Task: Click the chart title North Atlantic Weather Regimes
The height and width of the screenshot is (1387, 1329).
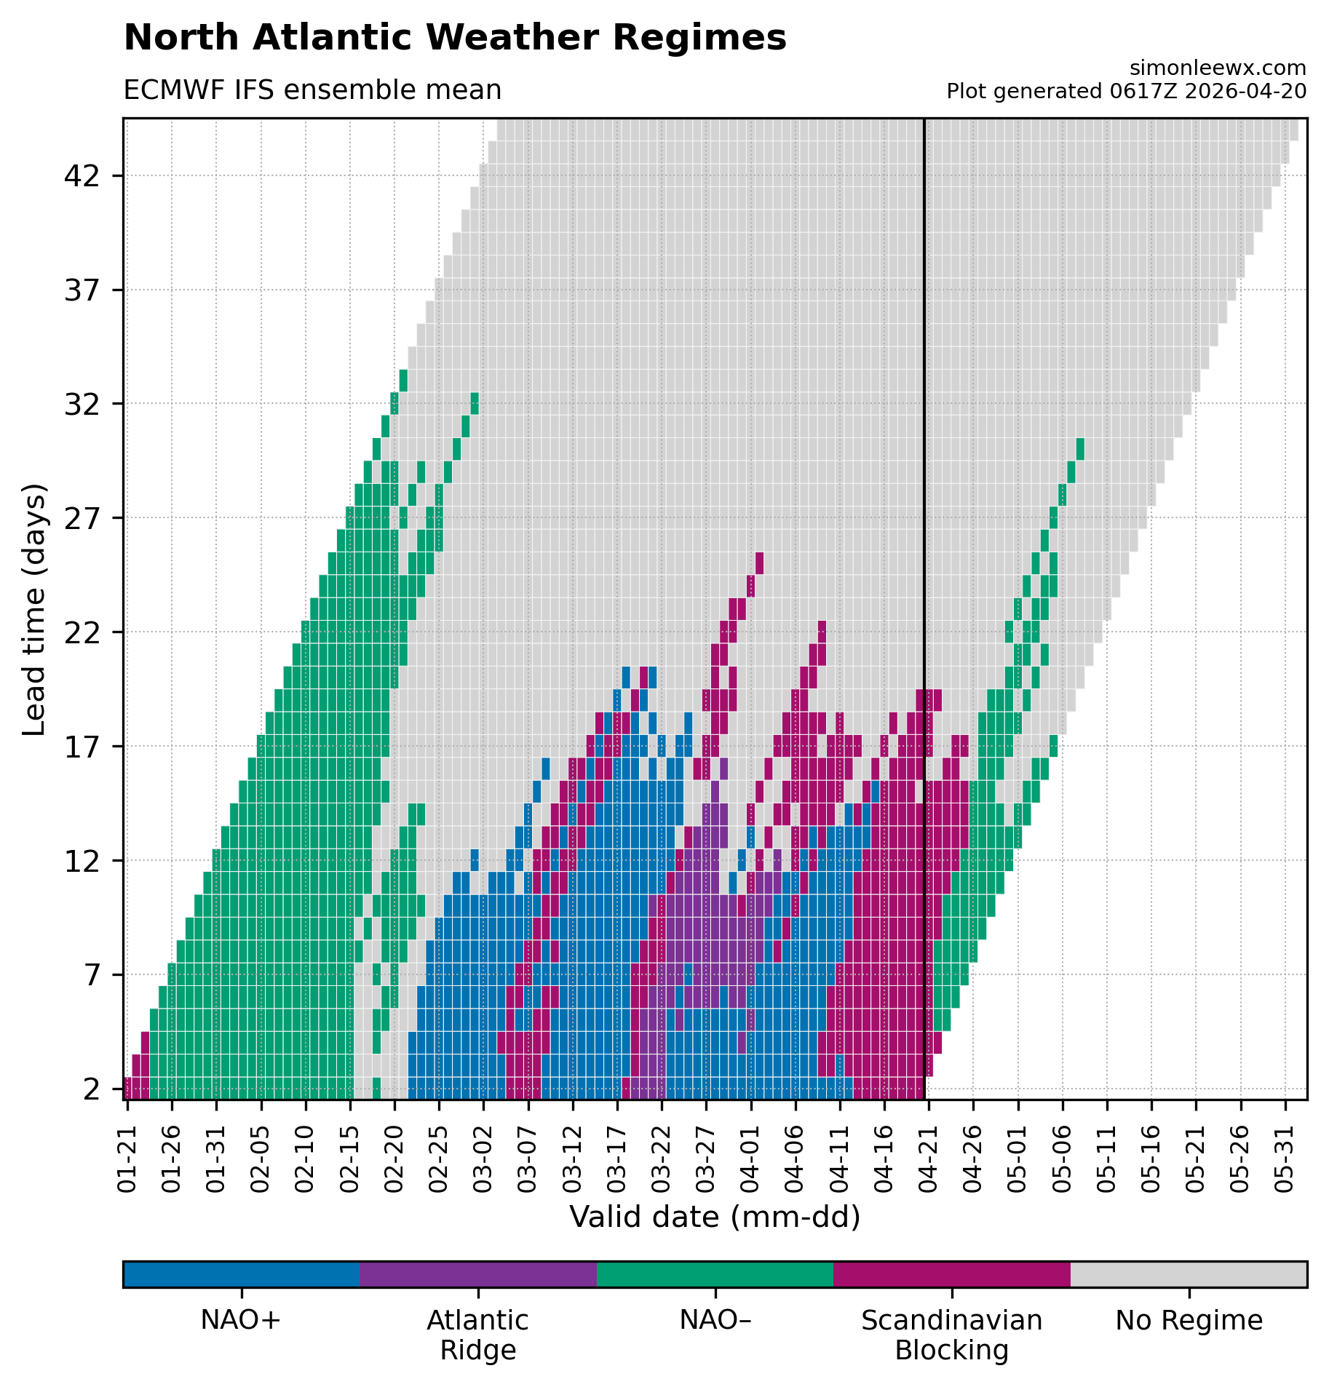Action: (455, 38)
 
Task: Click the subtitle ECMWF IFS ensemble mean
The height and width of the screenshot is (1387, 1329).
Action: (312, 90)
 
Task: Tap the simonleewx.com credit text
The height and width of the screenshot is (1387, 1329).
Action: (1218, 68)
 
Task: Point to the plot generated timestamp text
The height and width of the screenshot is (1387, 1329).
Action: (1126, 92)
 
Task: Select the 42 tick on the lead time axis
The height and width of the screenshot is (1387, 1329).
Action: (82, 176)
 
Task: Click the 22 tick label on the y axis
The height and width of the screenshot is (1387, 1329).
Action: (82, 632)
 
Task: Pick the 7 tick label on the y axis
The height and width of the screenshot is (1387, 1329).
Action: (92, 974)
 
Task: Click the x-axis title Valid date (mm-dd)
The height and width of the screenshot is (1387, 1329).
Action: (715, 1217)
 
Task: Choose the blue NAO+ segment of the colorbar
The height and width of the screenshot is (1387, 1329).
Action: (241, 1274)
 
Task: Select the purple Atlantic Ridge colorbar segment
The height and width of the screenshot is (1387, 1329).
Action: (477, 1274)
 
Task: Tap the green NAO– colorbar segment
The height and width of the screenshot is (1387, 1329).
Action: (715, 1274)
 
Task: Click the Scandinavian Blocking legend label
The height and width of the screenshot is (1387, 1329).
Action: (951, 1335)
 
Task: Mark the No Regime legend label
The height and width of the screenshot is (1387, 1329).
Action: (1189, 1321)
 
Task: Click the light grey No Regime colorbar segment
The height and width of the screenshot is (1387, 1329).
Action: (1189, 1274)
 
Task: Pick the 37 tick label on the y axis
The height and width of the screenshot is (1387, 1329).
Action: (82, 290)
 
